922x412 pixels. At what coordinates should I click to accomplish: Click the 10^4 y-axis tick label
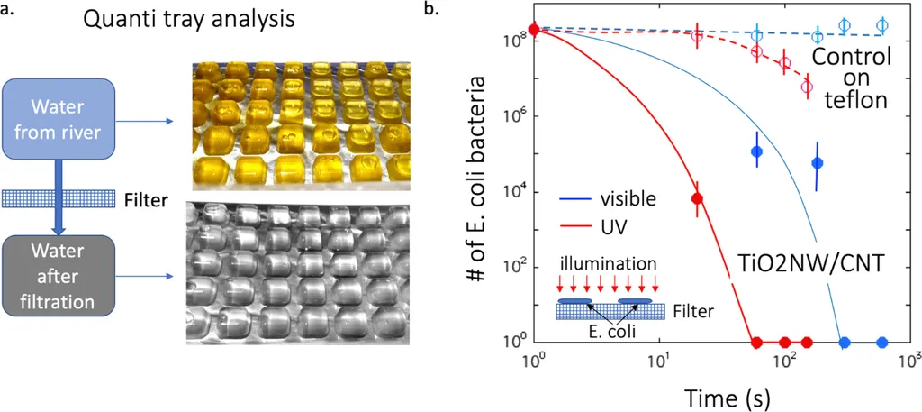point(513,192)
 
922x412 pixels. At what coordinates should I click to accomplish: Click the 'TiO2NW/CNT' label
point(794,266)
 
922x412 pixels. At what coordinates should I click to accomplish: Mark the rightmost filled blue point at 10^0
point(882,342)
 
